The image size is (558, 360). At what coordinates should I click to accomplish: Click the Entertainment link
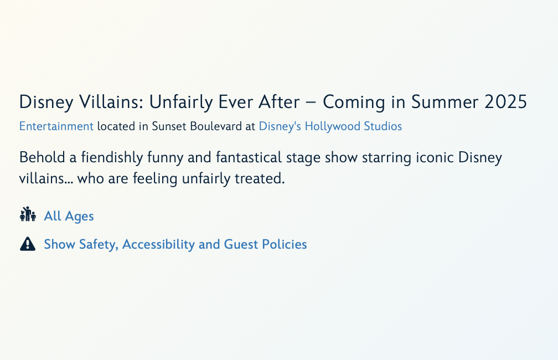[56, 126]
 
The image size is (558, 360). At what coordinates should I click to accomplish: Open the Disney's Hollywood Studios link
[330, 126]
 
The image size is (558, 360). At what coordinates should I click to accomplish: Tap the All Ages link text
[69, 216]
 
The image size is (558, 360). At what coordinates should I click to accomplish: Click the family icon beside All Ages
[28, 214]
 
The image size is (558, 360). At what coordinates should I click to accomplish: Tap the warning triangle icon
[28, 244]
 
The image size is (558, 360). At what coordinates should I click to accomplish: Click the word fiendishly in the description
[112, 158]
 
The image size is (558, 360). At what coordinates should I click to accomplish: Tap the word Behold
[42, 158]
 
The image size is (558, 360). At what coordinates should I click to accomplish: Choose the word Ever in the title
[236, 102]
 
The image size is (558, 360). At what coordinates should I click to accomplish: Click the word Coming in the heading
[354, 102]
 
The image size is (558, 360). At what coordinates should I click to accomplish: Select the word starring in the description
[386, 158]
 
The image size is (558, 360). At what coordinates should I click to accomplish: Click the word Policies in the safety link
[285, 245]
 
